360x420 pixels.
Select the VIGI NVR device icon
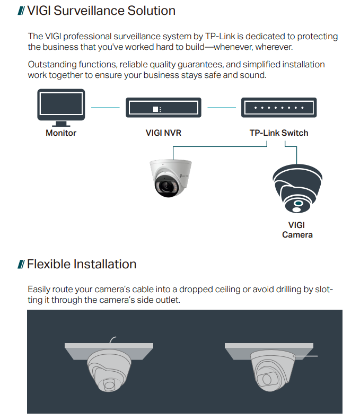point(163,107)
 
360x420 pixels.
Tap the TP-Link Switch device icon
point(278,107)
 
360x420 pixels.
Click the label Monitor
point(61,133)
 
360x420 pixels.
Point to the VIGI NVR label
point(163,133)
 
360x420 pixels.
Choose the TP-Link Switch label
point(278,133)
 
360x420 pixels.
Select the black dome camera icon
point(297,189)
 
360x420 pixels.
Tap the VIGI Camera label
point(297,230)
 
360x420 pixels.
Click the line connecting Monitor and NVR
point(106,108)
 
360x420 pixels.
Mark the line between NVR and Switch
point(221,108)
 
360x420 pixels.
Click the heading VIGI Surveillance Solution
point(101,11)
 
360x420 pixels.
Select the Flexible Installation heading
point(82,264)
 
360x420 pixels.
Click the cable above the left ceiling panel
point(112,339)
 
